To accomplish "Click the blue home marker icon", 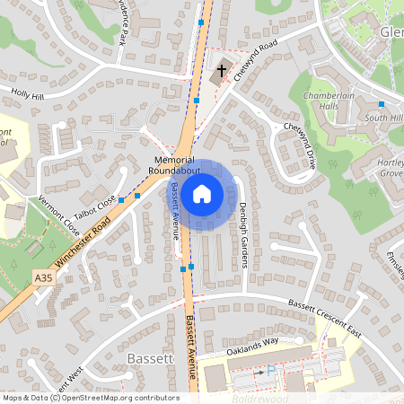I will [x=202, y=193].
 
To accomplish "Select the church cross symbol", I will [x=221, y=69].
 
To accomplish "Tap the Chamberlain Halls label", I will [x=329, y=101].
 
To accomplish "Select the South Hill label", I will [x=383, y=118].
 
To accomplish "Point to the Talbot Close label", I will [x=95, y=210].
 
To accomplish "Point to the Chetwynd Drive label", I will [x=300, y=146].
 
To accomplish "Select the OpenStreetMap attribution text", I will [x=91, y=397].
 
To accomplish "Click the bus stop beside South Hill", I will [x=382, y=105].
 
